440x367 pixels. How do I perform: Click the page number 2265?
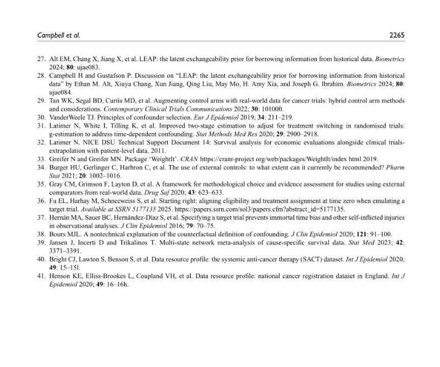[396, 35]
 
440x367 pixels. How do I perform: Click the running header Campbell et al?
[59, 35]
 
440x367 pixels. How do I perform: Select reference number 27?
[41, 59]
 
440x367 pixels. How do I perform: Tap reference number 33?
[41, 159]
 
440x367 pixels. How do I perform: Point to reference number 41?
[41, 276]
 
